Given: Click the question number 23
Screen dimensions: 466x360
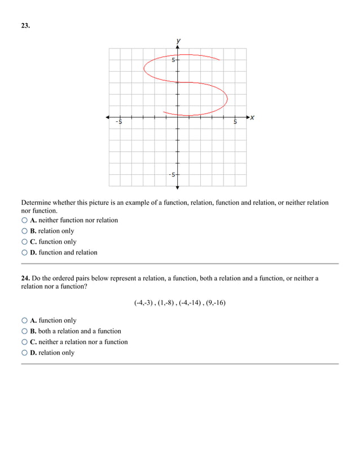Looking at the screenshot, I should click(25, 25).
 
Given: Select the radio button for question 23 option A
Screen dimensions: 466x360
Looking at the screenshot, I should click(24, 221).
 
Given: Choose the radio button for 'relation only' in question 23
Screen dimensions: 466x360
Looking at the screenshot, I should click(24, 231).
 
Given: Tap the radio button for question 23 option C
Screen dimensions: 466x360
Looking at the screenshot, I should click(24, 242).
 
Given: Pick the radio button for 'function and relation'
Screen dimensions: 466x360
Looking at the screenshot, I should click(24, 253).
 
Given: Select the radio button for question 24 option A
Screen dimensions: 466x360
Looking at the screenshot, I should click(24, 320).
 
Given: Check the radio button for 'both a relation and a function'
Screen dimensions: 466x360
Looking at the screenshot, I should click(24, 331).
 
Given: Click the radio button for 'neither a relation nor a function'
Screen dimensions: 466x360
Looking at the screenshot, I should click(24, 342).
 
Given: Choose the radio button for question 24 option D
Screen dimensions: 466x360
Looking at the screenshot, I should click(24, 353).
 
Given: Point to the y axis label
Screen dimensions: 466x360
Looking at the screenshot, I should click(178, 41).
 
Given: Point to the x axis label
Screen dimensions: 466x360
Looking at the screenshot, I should click(252, 117).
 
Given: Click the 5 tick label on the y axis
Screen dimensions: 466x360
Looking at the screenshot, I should click(173, 59).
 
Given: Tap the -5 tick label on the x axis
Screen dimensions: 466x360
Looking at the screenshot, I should click(118, 122).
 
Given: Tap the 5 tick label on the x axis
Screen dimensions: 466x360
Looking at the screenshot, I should click(235, 122).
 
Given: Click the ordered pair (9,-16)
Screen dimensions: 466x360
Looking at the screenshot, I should click(216, 302).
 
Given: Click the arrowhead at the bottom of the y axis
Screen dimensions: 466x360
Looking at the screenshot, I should click(177, 187).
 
